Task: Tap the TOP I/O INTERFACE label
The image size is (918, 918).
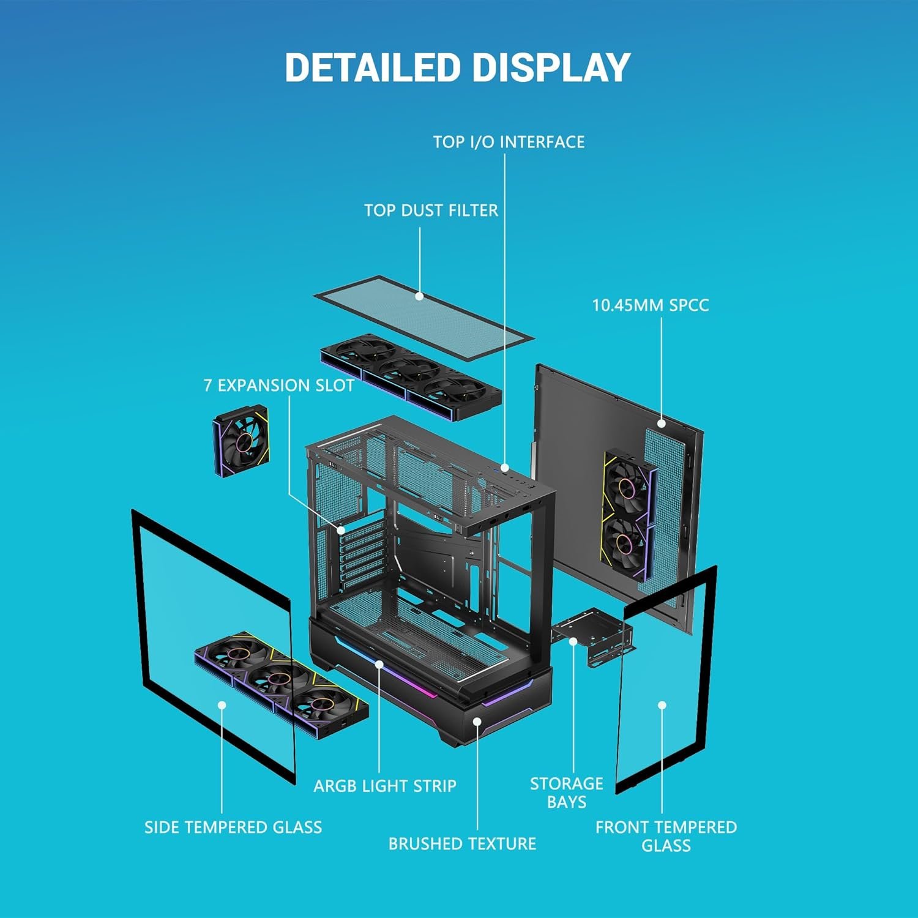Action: (509, 142)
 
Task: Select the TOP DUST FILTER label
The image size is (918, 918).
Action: (431, 211)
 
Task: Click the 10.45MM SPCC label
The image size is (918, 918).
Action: (650, 305)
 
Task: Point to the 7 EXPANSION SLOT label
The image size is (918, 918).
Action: (278, 386)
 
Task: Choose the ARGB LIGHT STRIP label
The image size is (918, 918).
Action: (385, 786)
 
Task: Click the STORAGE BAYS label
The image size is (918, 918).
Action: (567, 793)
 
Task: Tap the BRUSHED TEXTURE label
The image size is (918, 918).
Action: (462, 843)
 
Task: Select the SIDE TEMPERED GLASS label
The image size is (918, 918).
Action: (233, 827)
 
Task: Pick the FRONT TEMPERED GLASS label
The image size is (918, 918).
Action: (666, 836)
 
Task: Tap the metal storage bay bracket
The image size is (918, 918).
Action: (592, 636)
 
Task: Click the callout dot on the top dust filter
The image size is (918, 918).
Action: (419, 296)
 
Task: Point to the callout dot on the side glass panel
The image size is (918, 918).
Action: (222, 706)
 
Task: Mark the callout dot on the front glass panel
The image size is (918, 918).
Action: (662, 705)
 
